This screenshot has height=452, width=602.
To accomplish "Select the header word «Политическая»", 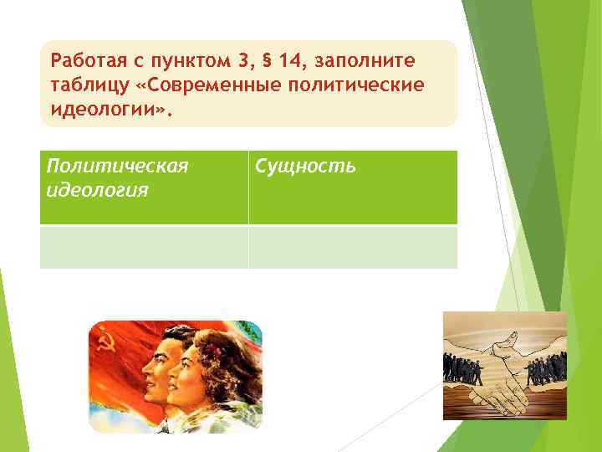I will pyautogui.click(x=116, y=167).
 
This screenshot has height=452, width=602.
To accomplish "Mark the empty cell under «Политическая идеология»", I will pyautogui.click(x=144, y=247).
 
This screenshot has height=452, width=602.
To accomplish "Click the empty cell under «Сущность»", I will pyautogui.click(x=353, y=247).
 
